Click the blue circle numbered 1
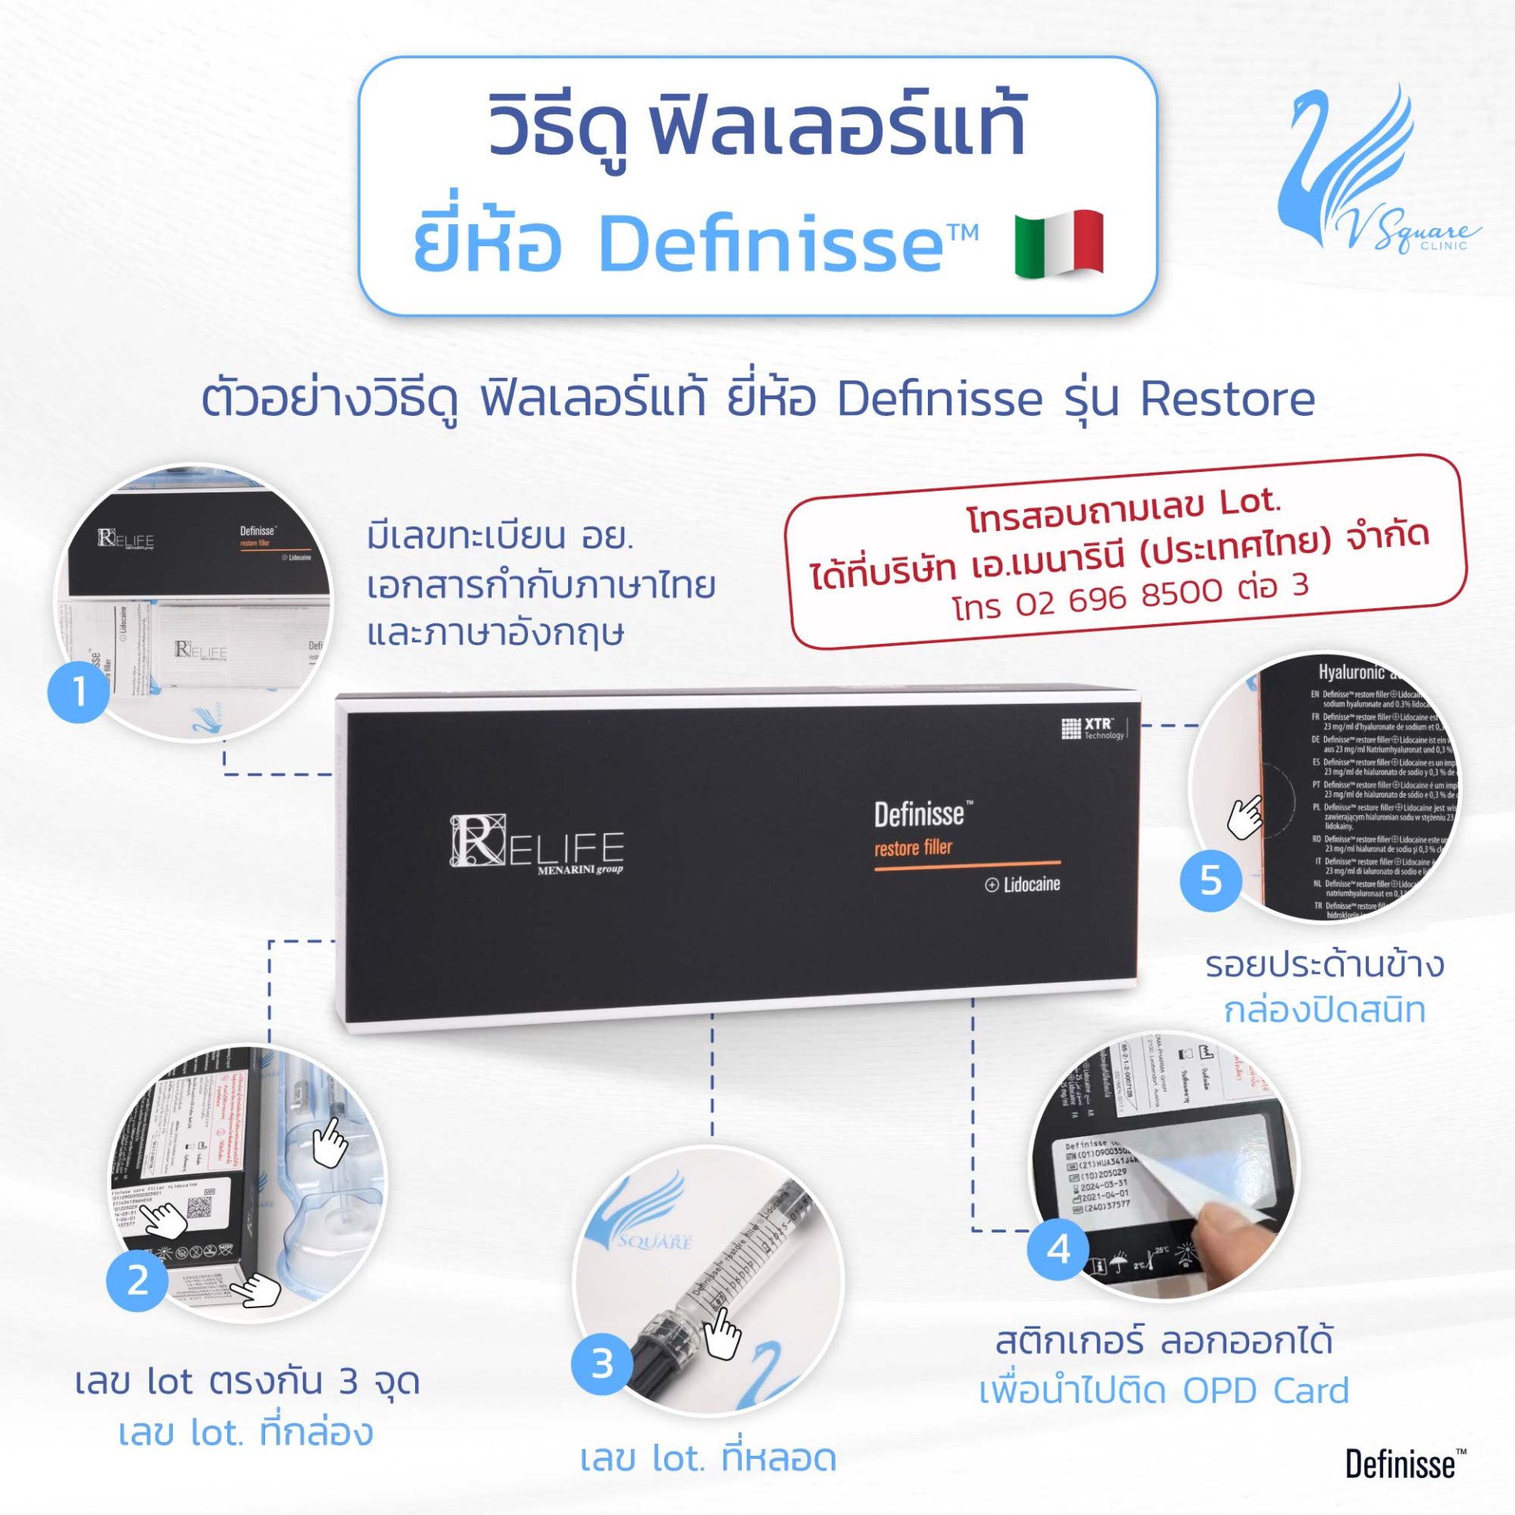(x=79, y=692)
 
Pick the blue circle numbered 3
(x=602, y=1363)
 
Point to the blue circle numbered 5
(x=1210, y=880)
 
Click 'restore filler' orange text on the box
(x=913, y=848)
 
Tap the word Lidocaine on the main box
(x=1031, y=885)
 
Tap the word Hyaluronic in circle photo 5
(x=1351, y=672)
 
